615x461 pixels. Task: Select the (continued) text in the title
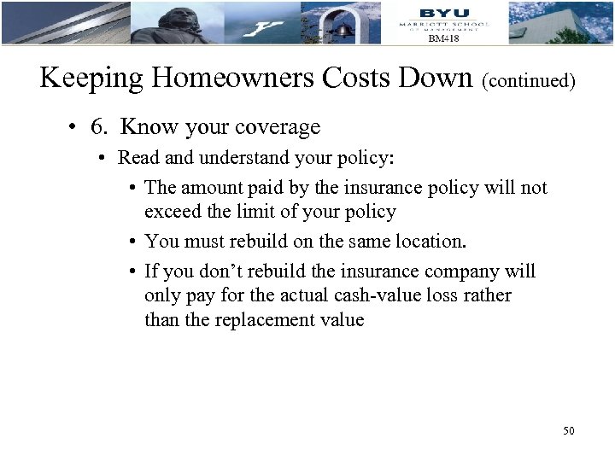coord(529,81)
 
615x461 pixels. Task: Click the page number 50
coord(568,430)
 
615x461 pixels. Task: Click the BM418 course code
coord(443,38)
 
